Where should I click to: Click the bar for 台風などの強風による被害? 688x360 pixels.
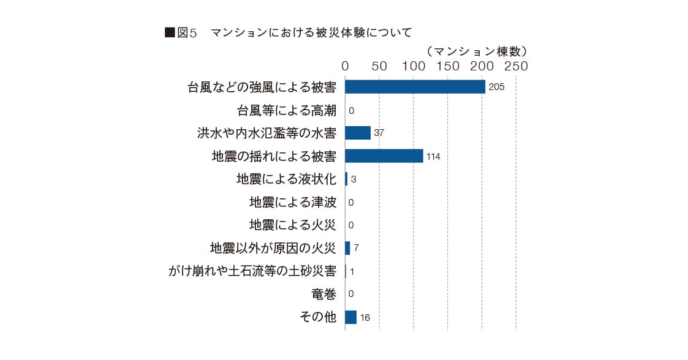[415, 87]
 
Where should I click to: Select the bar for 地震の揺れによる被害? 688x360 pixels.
[384, 156]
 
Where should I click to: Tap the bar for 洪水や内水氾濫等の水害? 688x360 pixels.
[358, 133]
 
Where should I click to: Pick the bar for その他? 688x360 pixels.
[350, 317]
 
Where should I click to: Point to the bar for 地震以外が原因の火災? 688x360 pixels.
[347, 248]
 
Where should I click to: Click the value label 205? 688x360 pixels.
[496, 88]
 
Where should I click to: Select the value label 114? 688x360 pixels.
[433, 157]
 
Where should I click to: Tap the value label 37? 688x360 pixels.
[379, 133]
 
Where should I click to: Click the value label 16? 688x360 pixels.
[365, 318]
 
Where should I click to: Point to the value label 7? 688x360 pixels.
[356, 249]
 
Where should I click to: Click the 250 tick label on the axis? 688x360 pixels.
[516, 66]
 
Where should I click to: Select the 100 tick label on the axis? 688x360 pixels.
[414, 66]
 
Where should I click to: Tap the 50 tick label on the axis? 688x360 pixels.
[379, 66]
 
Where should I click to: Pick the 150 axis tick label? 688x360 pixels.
[448, 66]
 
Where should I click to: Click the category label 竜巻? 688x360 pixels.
[324, 294]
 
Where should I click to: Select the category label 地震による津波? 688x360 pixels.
[293, 202]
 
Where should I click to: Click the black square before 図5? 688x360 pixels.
[170, 33]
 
